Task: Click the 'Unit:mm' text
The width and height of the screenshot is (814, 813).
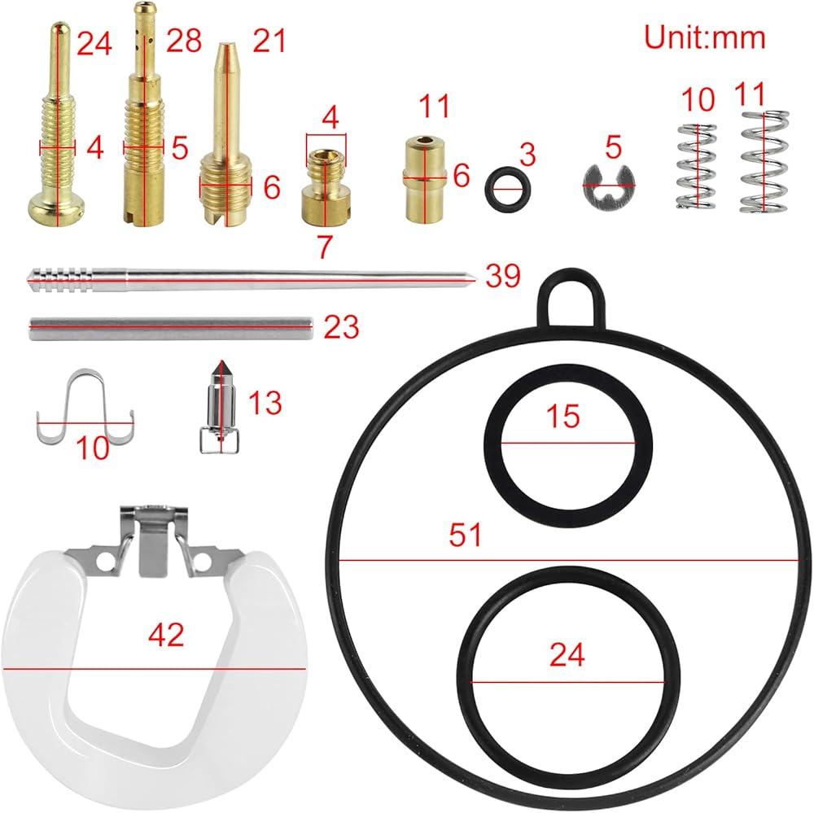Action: (704, 38)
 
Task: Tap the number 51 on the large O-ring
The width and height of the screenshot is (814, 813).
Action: (465, 534)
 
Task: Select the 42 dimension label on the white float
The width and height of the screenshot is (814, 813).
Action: (166, 634)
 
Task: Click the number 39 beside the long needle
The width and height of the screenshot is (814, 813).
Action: (502, 276)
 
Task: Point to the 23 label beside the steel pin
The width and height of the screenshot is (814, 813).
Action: (342, 327)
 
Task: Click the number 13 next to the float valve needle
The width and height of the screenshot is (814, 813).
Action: (265, 402)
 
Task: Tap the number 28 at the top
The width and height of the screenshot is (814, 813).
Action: (184, 41)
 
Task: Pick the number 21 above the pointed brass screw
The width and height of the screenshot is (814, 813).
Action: (269, 41)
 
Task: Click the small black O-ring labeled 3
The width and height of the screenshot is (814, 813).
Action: (508, 190)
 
